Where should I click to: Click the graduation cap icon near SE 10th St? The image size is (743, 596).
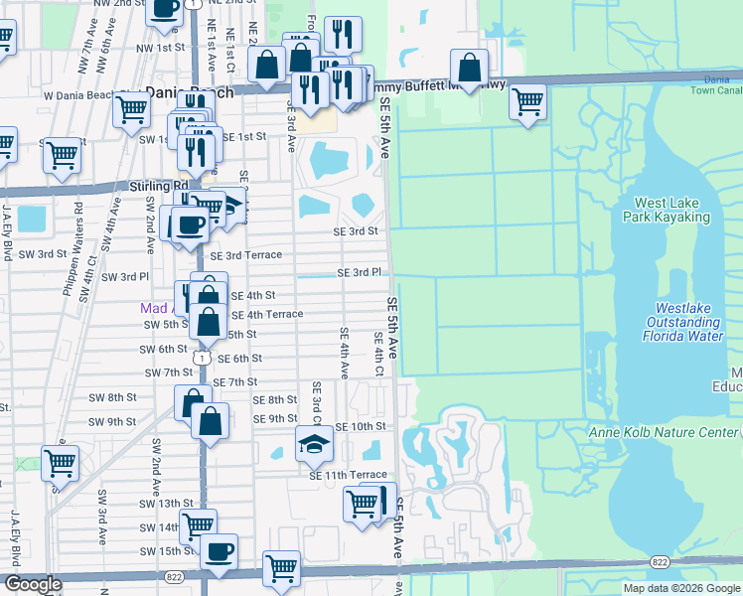(314, 443)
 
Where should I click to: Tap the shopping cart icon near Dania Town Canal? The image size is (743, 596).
(528, 99)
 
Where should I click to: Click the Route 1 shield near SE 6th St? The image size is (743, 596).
(203, 356)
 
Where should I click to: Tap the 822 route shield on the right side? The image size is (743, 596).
(659, 562)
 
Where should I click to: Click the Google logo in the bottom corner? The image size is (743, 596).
(33, 584)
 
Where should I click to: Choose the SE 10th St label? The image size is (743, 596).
(360, 426)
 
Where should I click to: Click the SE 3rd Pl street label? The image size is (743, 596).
(359, 272)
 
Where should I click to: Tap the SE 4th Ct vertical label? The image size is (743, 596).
(378, 355)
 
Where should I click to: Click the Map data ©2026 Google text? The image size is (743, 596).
(681, 588)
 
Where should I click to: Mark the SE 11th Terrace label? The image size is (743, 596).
(347, 476)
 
